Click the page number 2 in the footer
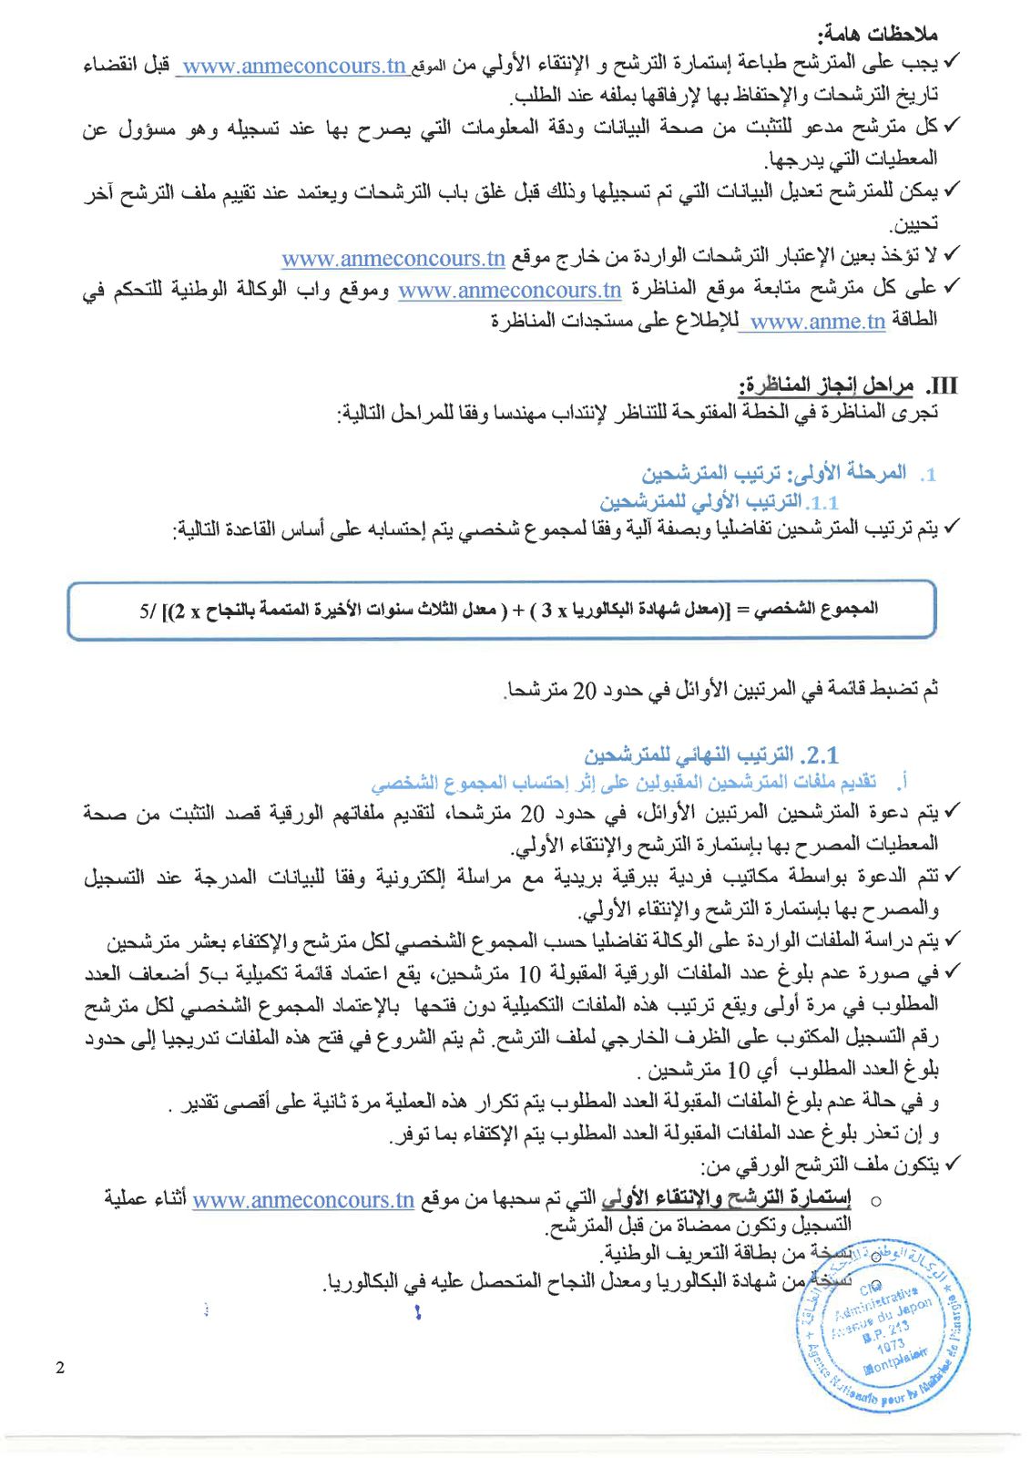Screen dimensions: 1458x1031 tap(60, 1368)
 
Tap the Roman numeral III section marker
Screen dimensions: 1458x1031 tap(942, 385)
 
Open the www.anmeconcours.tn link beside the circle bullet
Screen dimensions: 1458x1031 tap(303, 1200)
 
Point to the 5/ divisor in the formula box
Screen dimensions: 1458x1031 tap(148, 611)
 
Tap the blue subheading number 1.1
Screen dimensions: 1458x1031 tap(823, 502)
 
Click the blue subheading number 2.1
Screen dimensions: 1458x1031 tap(820, 755)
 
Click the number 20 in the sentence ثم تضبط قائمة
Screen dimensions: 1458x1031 tap(584, 691)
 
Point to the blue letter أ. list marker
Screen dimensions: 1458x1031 tap(902, 782)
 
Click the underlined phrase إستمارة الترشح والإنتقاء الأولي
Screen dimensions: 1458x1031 tap(727, 1198)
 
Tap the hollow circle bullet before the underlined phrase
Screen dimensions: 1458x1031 tap(875, 1201)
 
